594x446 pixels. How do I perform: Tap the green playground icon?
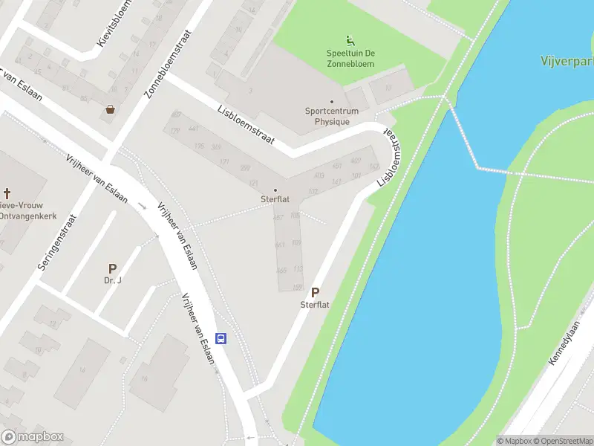[x=350, y=40]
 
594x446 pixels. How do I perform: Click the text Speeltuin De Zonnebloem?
[x=350, y=58]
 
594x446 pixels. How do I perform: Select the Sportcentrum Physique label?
[x=332, y=116]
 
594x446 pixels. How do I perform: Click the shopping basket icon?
[x=111, y=109]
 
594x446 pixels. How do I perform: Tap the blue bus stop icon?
[x=221, y=338]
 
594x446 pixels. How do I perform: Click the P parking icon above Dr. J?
[x=112, y=268]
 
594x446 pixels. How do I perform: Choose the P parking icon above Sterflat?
[x=315, y=293]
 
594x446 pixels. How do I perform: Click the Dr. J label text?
[x=112, y=281]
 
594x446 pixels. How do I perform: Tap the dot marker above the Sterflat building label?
[x=275, y=190]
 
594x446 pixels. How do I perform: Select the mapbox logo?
[x=33, y=437]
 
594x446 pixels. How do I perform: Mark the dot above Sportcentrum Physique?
[x=332, y=102]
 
